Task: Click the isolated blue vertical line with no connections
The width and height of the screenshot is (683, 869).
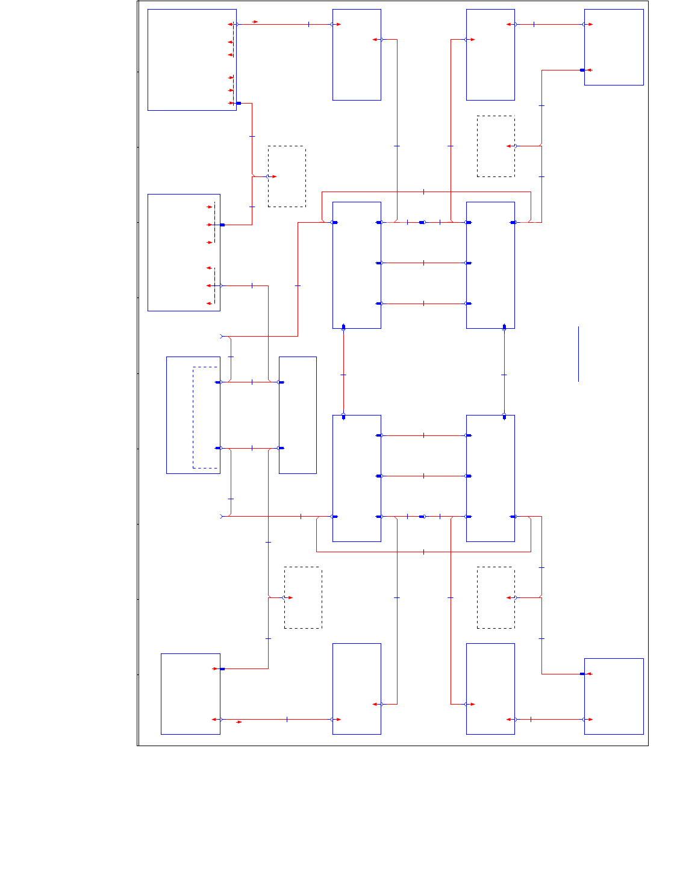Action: pyautogui.click(x=578, y=354)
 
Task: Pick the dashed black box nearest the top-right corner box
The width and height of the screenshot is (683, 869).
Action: pyautogui.click(x=496, y=146)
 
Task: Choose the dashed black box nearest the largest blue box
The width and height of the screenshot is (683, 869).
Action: pyautogui.click(x=287, y=176)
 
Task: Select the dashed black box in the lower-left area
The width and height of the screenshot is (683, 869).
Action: pyautogui.click(x=303, y=597)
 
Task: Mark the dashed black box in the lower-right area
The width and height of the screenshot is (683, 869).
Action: pyautogui.click(x=496, y=597)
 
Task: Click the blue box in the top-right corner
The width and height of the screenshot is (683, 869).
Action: pyautogui.click(x=614, y=47)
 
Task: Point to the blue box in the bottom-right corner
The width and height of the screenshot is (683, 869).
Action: pyautogui.click(x=614, y=696)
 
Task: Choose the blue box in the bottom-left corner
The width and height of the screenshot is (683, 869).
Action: pyautogui.click(x=190, y=694)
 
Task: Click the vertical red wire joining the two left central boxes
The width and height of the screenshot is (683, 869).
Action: pyautogui.click(x=343, y=372)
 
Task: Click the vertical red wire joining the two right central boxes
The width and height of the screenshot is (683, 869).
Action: pyautogui.click(x=504, y=372)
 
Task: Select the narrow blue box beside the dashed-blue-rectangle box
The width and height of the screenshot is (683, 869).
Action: pyautogui.click(x=298, y=415)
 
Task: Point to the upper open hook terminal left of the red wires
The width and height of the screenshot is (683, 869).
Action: pyautogui.click(x=222, y=336)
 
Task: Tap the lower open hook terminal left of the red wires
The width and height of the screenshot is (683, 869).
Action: pyautogui.click(x=222, y=516)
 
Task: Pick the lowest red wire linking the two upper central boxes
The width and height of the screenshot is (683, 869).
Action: pyautogui.click(x=423, y=304)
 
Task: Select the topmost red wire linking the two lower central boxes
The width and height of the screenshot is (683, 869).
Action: pyautogui.click(x=423, y=435)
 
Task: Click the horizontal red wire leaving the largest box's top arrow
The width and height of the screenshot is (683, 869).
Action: pyautogui.click(x=283, y=24)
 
